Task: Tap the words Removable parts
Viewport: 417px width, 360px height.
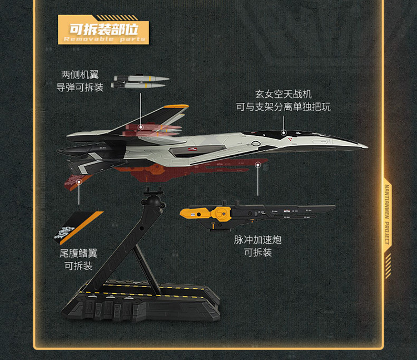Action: click(105, 40)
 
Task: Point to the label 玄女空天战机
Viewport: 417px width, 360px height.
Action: click(284, 94)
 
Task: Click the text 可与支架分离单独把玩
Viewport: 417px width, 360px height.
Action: click(284, 107)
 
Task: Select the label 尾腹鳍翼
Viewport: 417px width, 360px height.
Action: click(78, 253)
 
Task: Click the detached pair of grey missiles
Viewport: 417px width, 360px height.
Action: click(139, 82)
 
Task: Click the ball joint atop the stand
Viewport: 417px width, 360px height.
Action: click(152, 195)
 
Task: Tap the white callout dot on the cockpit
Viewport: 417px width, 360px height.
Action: click(284, 134)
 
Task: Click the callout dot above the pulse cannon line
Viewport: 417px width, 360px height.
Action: click(258, 165)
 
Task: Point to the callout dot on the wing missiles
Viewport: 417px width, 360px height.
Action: click(141, 127)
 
